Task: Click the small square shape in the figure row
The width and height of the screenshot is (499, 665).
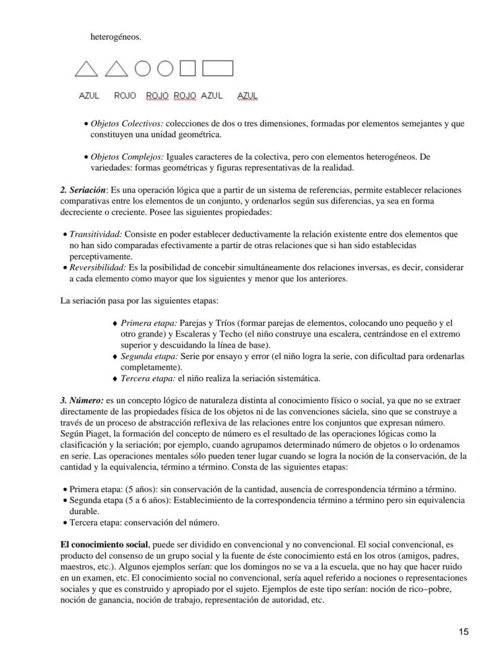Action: tap(188, 69)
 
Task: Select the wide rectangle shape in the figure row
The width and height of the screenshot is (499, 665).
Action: tap(218, 69)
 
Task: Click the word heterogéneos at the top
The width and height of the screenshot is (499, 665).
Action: tap(116, 37)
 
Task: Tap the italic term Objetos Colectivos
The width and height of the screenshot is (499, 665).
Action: tap(127, 124)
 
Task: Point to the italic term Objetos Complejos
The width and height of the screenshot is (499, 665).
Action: tap(127, 156)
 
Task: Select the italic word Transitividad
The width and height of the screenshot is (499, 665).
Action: tap(96, 234)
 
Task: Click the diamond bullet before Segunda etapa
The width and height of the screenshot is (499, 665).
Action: tap(115, 357)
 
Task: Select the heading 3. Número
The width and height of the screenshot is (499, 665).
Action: tap(82, 401)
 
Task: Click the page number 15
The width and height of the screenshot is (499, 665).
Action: tap(463, 632)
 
